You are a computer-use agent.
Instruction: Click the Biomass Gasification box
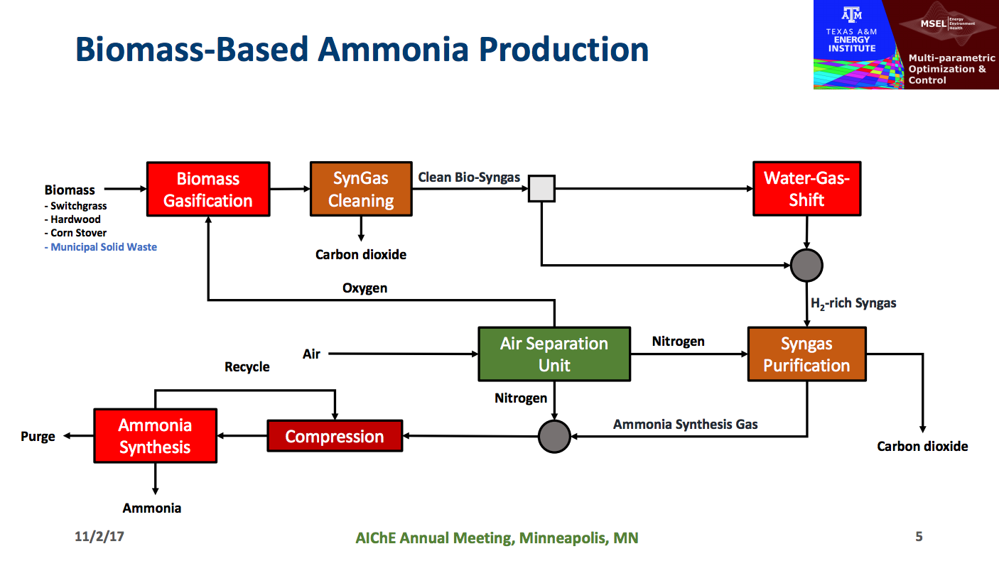click(x=208, y=189)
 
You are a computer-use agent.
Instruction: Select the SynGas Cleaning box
click(x=361, y=189)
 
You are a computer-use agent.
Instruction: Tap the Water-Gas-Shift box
click(x=806, y=189)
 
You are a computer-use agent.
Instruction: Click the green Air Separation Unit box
click(x=554, y=354)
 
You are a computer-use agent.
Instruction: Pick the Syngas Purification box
click(x=806, y=354)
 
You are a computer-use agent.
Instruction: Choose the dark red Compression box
click(x=335, y=436)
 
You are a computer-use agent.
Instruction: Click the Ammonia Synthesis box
click(x=155, y=436)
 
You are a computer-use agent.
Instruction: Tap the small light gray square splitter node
click(x=541, y=190)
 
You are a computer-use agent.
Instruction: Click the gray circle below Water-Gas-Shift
click(x=806, y=266)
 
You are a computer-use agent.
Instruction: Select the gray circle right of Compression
click(x=554, y=436)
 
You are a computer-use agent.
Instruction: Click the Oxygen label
click(x=364, y=288)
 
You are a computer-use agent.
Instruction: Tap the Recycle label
click(x=247, y=366)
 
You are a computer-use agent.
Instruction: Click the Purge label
click(x=38, y=436)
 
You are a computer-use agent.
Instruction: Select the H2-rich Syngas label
click(x=853, y=303)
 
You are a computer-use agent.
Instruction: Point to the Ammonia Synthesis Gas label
click(x=686, y=424)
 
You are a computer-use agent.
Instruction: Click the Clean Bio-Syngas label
click(x=469, y=177)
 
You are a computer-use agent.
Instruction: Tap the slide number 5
click(x=919, y=536)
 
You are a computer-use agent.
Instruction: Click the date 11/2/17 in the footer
click(x=99, y=536)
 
